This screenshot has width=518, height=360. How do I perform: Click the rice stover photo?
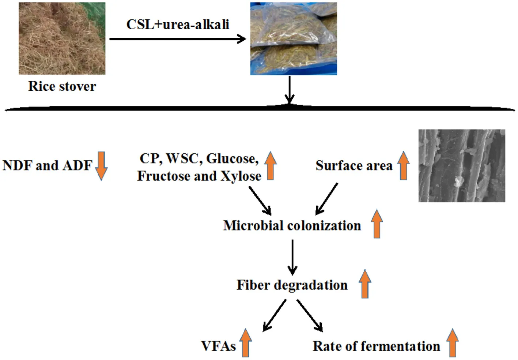coord(62,38)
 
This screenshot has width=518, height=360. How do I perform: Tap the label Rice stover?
coord(62,86)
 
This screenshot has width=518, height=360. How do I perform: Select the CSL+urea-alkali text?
coord(178,25)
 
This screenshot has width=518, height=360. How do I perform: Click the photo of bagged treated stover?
coord(294,39)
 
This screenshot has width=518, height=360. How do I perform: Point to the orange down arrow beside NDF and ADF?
coord(101,166)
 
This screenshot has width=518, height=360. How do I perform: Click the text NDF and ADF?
coord(47,166)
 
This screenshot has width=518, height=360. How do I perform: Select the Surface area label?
coord(354,166)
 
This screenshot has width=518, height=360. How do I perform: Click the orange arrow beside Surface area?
coord(403,165)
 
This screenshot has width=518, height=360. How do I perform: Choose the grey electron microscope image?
coord(462,165)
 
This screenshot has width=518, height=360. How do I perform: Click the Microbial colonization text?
coord(292,225)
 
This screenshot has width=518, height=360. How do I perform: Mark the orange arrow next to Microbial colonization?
coord(377,224)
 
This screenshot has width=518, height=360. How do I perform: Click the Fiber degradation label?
coord(292,285)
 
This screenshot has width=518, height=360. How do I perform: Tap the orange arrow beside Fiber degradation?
coord(365,284)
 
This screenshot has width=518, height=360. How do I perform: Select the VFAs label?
coord(218,346)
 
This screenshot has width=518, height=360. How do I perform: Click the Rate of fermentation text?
coord(376,346)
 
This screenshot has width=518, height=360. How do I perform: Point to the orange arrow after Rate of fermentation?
coord(453,343)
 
